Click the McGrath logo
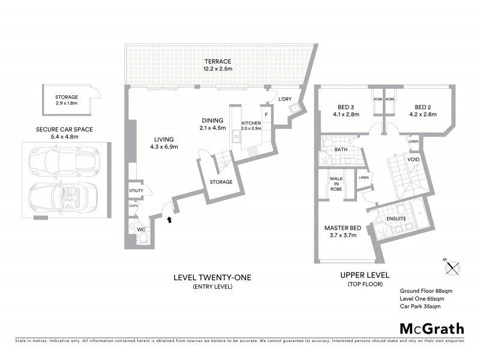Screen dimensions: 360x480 pyautogui.click(x=431, y=328)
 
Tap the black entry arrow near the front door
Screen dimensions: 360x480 pyautogui.click(x=169, y=220)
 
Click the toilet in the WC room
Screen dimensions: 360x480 pyautogui.click(x=142, y=239)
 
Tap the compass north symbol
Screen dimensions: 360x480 pyautogui.click(x=453, y=266)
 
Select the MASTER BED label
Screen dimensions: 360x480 pyautogui.click(x=343, y=228)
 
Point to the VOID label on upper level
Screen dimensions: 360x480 pyautogui.click(x=413, y=160)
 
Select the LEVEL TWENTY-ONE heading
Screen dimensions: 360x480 pyautogui.click(x=212, y=277)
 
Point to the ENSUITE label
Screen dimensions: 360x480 pyautogui.click(x=397, y=219)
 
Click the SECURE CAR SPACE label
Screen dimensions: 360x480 pyautogui.click(x=58, y=129)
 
